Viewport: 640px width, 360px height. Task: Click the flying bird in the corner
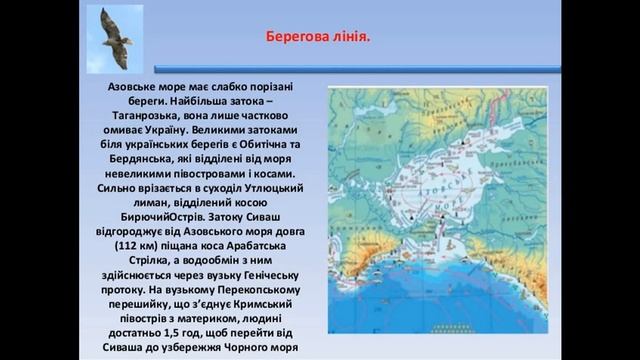point(113,37)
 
